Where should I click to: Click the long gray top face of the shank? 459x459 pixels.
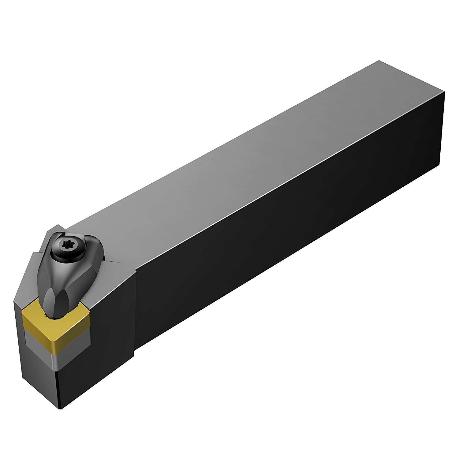point(245,165)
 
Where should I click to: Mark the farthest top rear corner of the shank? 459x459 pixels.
point(379,61)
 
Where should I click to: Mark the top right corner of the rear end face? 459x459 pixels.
point(444,91)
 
